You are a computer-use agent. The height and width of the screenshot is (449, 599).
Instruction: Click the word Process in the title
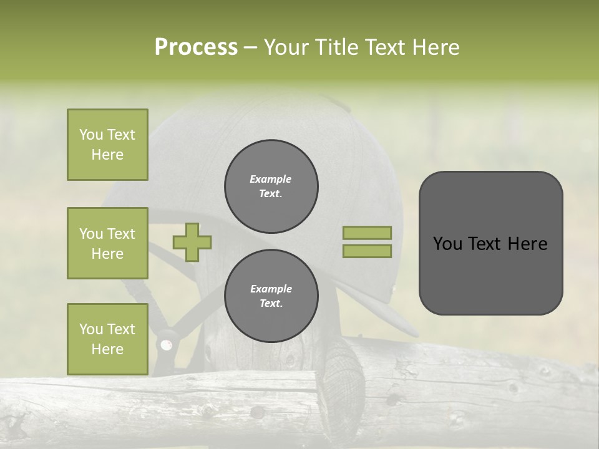point(196,47)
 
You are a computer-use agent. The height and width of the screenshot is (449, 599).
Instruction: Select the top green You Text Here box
point(107,145)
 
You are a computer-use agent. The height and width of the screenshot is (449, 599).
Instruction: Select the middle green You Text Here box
point(107,243)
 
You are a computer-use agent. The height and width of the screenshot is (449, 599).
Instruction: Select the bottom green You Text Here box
point(107,339)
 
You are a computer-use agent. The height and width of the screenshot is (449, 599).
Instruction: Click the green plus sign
point(192,242)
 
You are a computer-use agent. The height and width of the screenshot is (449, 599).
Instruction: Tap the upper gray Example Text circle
point(271,186)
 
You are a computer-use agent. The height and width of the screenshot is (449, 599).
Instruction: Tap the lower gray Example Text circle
point(271,296)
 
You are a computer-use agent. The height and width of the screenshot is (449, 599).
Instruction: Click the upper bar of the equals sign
point(368,233)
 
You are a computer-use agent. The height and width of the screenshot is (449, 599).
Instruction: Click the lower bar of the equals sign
point(368,251)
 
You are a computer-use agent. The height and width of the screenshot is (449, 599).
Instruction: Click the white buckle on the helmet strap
point(166,344)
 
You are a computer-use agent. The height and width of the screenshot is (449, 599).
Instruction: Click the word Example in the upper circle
point(271,179)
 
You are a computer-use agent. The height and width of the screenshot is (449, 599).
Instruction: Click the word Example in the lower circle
point(271,289)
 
